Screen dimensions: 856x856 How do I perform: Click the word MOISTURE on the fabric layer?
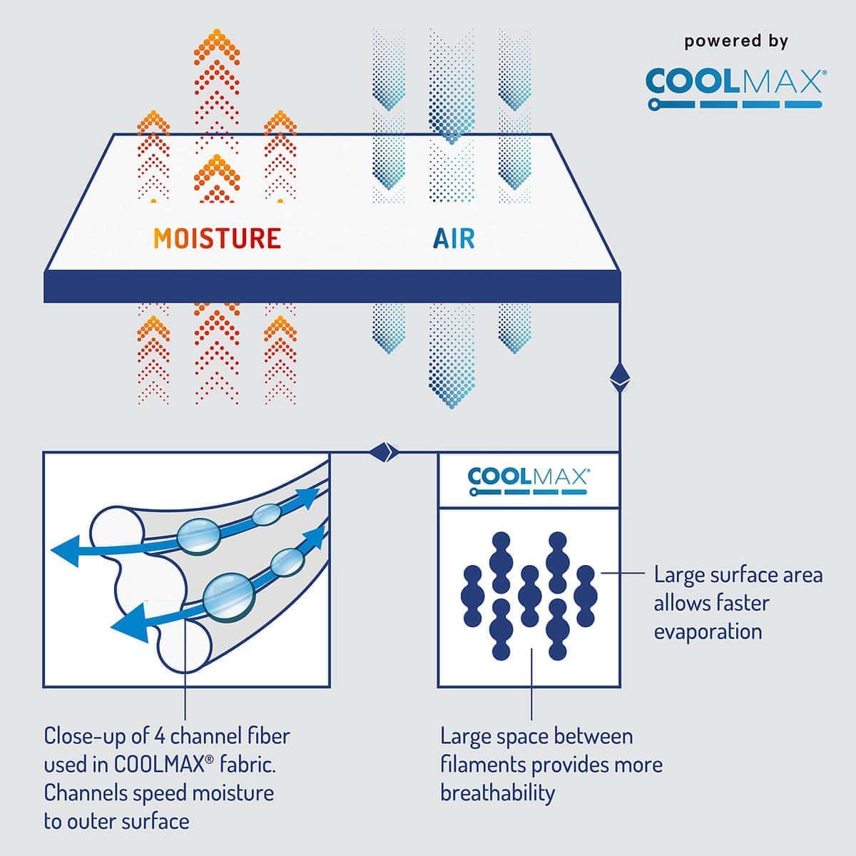(218, 238)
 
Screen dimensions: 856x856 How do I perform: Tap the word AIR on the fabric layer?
(454, 238)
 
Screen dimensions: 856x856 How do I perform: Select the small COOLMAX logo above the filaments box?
(529, 480)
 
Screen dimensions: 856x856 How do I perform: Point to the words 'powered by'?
(736, 41)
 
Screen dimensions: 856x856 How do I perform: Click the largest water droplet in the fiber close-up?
(228, 596)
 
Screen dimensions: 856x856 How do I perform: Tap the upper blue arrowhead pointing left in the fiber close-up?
(66, 554)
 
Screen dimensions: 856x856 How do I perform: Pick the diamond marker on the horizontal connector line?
(383, 451)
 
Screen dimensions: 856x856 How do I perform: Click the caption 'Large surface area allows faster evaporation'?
(738, 603)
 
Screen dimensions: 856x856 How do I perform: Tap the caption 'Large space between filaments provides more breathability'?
(551, 764)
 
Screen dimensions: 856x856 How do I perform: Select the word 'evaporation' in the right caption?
(708, 631)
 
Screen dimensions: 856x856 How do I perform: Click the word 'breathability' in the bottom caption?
(497, 793)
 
